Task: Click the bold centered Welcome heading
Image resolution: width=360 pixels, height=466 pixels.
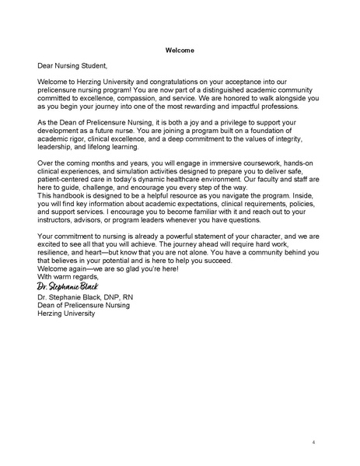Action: point(180,51)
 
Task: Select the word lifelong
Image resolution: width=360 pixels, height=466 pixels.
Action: point(113,143)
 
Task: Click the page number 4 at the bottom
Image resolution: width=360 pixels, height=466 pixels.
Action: point(313,442)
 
